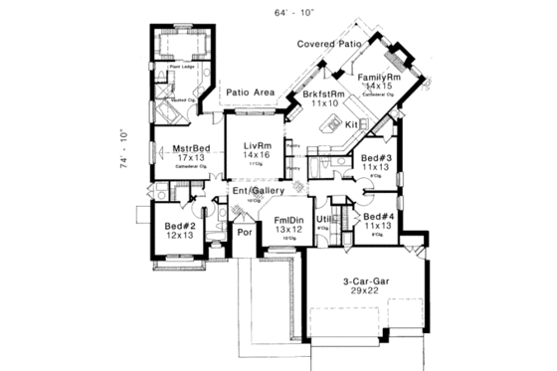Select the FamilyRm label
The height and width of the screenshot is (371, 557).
379,77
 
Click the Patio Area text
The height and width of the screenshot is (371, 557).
250,92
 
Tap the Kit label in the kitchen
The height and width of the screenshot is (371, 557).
351,125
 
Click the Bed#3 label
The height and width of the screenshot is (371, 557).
376,158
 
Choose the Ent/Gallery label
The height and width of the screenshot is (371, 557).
259,190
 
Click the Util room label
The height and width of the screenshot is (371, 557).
322,218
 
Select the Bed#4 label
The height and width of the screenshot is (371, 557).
379,217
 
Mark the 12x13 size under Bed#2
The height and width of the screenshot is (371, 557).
179,236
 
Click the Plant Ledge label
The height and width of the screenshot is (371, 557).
180,67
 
